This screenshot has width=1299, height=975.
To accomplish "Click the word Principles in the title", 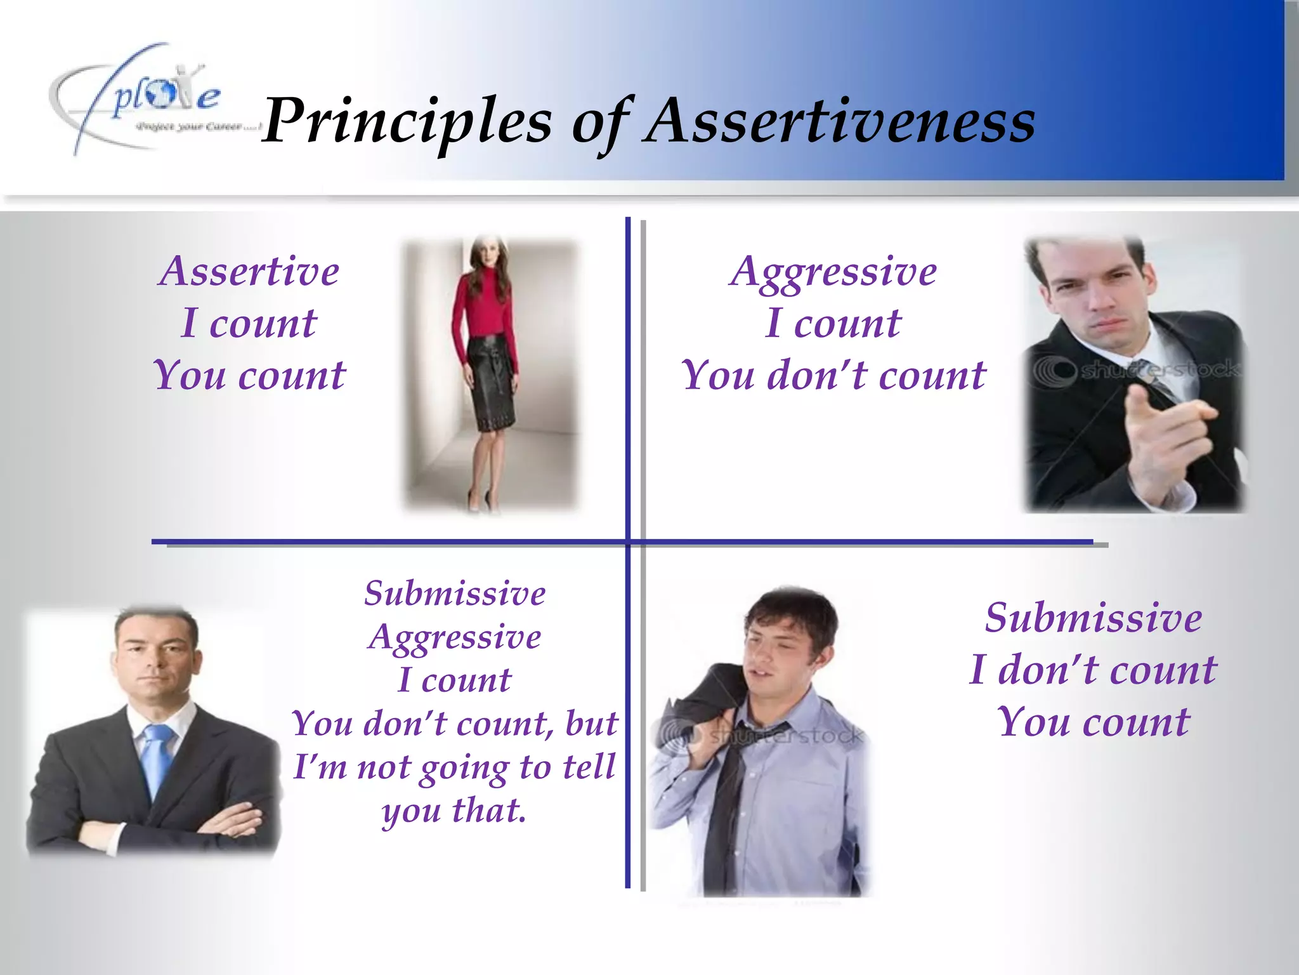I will click(406, 121).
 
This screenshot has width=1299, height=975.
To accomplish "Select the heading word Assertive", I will click(249, 271).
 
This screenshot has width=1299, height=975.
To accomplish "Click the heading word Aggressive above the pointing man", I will click(833, 271).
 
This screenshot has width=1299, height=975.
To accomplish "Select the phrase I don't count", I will click(1093, 670).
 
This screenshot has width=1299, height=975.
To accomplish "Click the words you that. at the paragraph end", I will click(454, 811).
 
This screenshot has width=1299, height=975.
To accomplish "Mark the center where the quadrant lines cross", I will click(628, 542).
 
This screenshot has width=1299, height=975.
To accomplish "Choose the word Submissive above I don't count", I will click(1093, 618).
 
